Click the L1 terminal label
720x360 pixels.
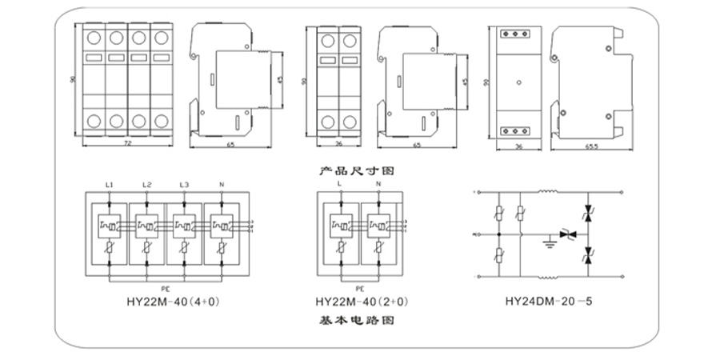[109, 185]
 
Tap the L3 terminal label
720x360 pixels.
[183, 185]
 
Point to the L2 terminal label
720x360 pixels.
[146, 185]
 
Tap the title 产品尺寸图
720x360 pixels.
[357, 170]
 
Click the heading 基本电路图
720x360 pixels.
[357, 320]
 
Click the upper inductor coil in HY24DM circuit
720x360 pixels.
[551, 192]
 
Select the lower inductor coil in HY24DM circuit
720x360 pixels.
[551, 275]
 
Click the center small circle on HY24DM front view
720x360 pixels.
[516, 81]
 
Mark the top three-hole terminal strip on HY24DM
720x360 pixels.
[516, 34]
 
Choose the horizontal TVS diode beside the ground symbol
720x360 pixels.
[570, 234]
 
